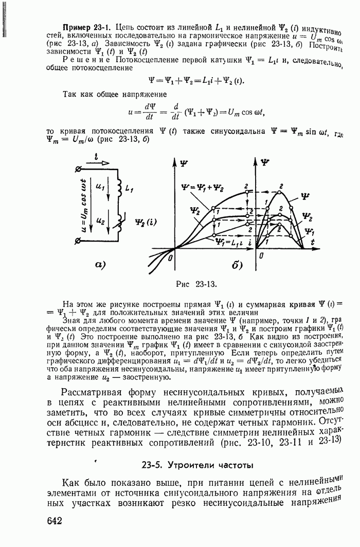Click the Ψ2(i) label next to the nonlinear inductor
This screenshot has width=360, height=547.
pos(143,223)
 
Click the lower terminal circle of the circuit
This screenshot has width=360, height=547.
pos(78,245)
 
